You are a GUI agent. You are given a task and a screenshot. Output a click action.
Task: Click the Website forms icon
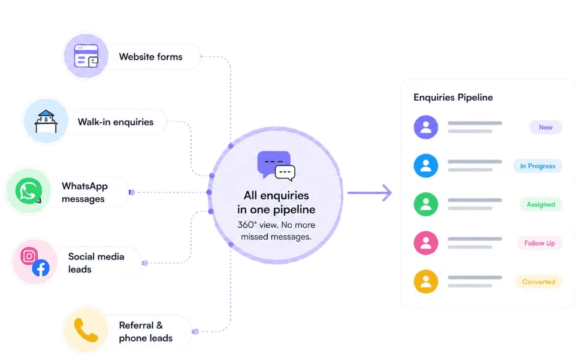pos(86,56)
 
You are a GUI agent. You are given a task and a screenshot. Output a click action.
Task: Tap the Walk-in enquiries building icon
pos(46,121)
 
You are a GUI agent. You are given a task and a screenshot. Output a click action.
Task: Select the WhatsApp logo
pos(29,190)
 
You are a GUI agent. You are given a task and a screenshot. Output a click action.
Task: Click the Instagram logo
pos(29,256)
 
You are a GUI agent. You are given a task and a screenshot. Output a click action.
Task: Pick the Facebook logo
pos(41,268)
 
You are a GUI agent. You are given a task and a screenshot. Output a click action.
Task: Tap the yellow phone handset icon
pos(86,330)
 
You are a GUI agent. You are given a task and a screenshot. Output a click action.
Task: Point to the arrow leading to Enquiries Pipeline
pos(370,193)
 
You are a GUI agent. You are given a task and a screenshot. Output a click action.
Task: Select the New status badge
pos(546,127)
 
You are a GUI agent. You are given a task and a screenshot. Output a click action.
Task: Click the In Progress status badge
pos(537,166)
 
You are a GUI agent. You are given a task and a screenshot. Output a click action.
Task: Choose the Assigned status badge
pos(541,204)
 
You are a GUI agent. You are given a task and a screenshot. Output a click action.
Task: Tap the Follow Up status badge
pos(540,243)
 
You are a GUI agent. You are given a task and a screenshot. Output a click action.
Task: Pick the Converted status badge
pos(539,282)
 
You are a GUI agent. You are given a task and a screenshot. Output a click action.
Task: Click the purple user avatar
pos(426,127)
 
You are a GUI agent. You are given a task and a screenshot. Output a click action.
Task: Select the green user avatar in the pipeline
pos(426,204)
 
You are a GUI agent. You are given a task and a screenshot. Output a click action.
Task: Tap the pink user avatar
pos(426,243)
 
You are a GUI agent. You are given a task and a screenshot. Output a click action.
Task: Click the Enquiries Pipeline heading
pos(453,97)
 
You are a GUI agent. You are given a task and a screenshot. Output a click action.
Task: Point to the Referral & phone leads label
pos(146,331)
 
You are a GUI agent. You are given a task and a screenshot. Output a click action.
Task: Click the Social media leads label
pos(96,263)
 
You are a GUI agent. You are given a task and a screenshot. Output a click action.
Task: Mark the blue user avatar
pos(426,166)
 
